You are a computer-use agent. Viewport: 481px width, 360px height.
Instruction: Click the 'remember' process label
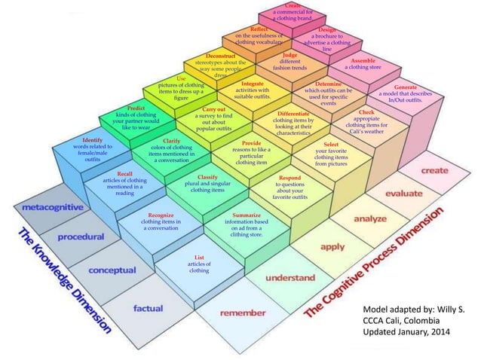(x=242, y=312)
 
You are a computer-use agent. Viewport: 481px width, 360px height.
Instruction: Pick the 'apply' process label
(x=332, y=246)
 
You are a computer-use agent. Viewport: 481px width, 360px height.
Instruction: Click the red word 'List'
(x=199, y=257)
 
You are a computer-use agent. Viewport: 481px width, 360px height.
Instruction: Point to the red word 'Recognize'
(x=161, y=215)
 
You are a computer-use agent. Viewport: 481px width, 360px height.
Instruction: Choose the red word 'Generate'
(x=411, y=87)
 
